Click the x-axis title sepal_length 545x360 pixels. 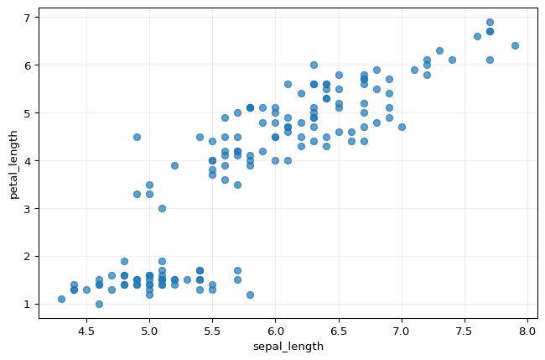click(288, 347)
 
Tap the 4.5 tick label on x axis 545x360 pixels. click(86, 331)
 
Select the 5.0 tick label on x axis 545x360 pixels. click(149, 331)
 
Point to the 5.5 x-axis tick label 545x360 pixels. click(212, 331)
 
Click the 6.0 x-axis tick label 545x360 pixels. click(275, 331)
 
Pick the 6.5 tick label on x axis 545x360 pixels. click(338, 331)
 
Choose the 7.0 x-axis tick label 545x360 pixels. click(402, 331)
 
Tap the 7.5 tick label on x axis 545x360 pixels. click(465, 331)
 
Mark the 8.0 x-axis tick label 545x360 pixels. click(527, 331)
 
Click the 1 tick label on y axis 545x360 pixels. click(27, 304)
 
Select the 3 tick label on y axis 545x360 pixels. click(27, 208)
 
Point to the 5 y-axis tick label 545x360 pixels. click(27, 112)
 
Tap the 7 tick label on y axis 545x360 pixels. click(27, 17)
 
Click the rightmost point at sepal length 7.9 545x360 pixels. click(515, 45)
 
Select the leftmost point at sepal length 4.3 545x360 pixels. click(61, 299)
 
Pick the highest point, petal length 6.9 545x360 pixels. click(490, 22)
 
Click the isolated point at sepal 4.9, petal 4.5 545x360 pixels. click(137, 137)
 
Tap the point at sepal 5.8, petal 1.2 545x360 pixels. click(250, 295)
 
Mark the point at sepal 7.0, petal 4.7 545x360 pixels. click(402, 127)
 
